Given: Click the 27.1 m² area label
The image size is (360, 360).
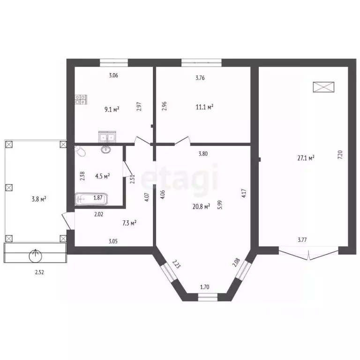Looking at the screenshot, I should pos(306,158).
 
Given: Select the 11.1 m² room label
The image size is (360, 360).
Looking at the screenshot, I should pos(204,107).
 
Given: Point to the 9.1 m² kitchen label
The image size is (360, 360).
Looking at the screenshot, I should pos(112,110).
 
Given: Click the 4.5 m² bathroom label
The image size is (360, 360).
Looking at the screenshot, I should pos(102,176).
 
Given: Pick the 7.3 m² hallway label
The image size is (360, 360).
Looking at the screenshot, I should pos(129,223).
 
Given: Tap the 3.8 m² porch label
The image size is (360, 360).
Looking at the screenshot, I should pos(38,199).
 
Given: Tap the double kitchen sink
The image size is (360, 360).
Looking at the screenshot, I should pos(107,137).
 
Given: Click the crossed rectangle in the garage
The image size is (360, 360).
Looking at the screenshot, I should pos(324,87).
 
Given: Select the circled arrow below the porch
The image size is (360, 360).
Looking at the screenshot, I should pos(35,256).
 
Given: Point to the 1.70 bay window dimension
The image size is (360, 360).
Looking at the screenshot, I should pos(205,287).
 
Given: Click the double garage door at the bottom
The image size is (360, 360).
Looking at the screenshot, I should pos(308,254).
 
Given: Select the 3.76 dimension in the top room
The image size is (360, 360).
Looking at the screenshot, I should pos(200,78).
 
